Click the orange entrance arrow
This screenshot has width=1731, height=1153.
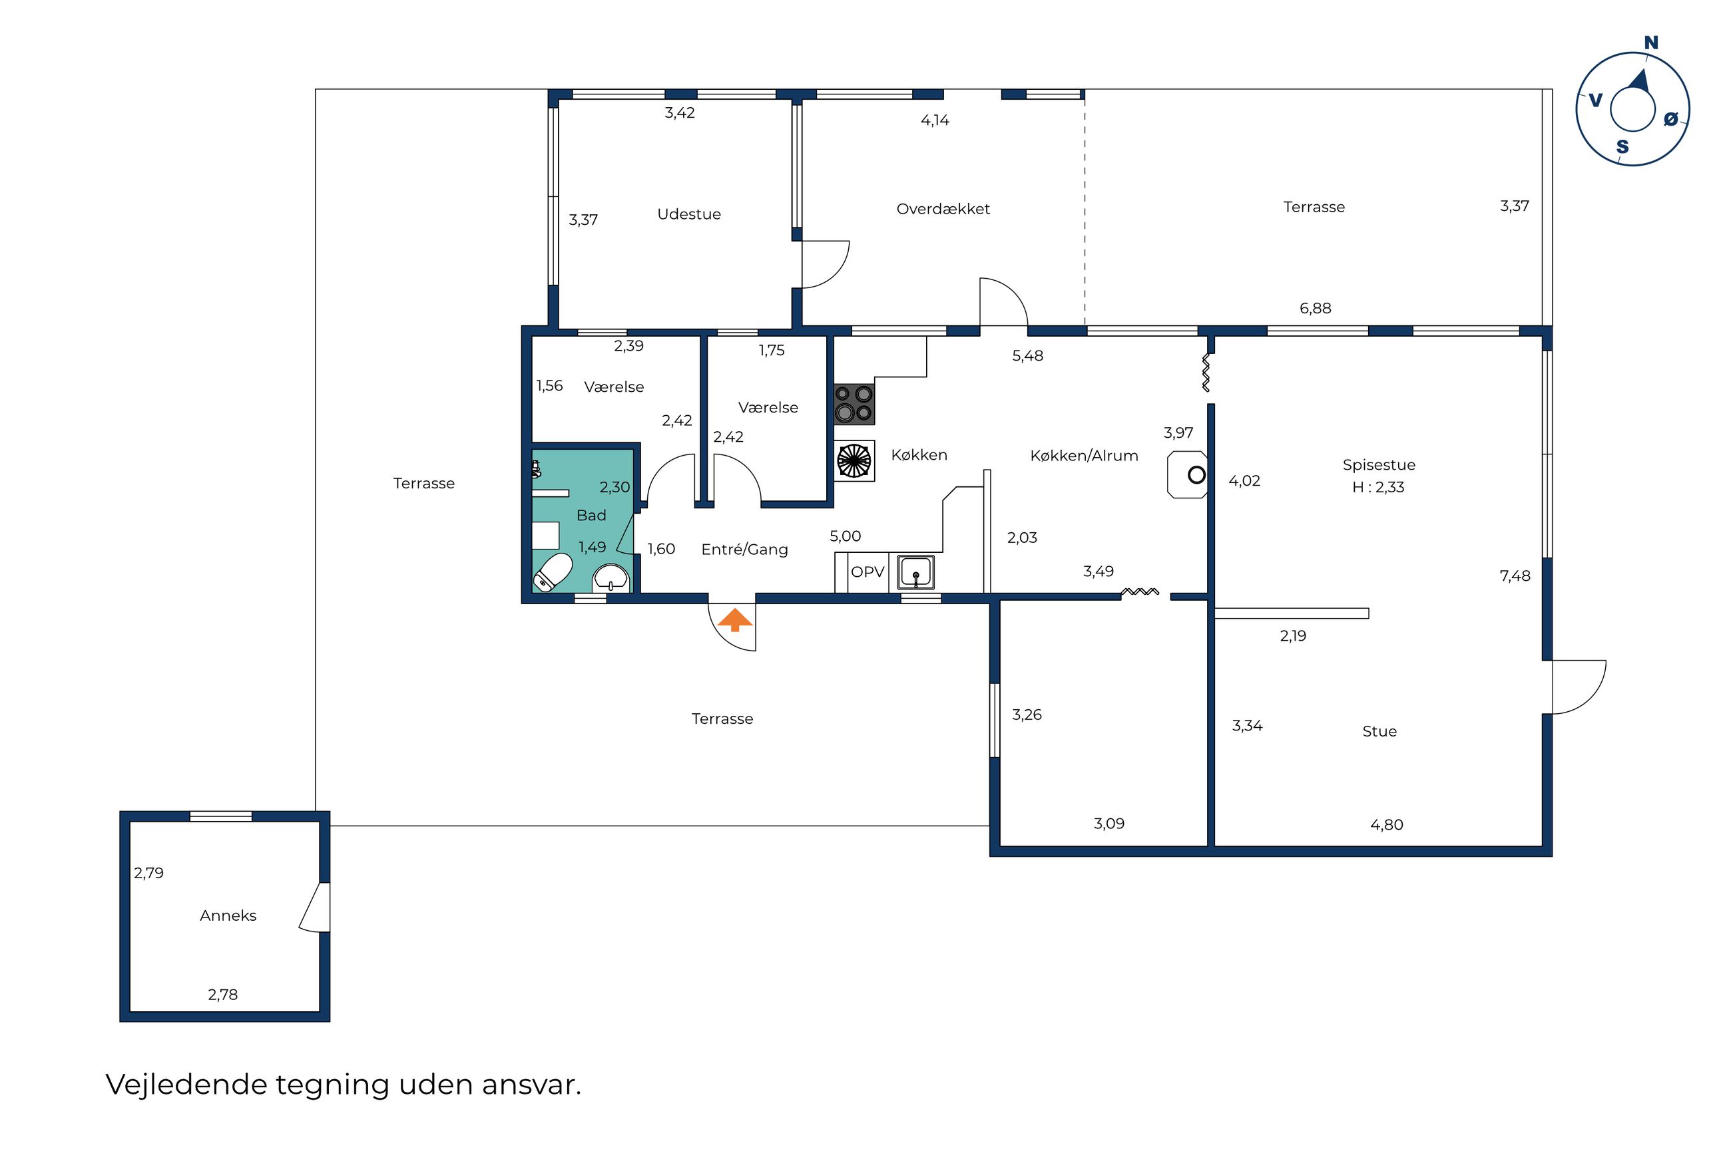[735, 619]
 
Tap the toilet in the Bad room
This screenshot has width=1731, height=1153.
[552, 572]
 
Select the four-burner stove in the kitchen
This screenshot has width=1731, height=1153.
[854, 404]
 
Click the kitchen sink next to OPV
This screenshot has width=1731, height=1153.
[916, 572]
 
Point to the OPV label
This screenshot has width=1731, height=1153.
[867, 572]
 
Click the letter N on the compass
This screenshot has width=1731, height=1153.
[1651, 43]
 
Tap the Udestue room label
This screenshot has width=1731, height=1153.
[688, 214]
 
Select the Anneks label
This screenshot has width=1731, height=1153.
[228, 915]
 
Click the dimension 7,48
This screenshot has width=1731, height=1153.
[1515, 576]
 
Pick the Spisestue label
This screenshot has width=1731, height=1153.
[1379, 465]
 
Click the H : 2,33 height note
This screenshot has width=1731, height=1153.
[1378, 487]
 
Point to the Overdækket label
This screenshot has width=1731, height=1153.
[943, 209]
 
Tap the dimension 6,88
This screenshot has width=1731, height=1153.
[1316, 309]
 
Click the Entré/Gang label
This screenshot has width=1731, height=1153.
[744, 550]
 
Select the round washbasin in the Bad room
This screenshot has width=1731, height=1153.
[611, 578]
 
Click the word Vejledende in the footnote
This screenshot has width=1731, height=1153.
[186, 1084]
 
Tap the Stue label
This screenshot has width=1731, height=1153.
[1379, 732]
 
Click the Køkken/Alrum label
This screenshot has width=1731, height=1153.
[1084, 456]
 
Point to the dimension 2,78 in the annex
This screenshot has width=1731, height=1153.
[223, 995]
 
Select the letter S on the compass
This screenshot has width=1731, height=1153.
[1622, 147]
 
